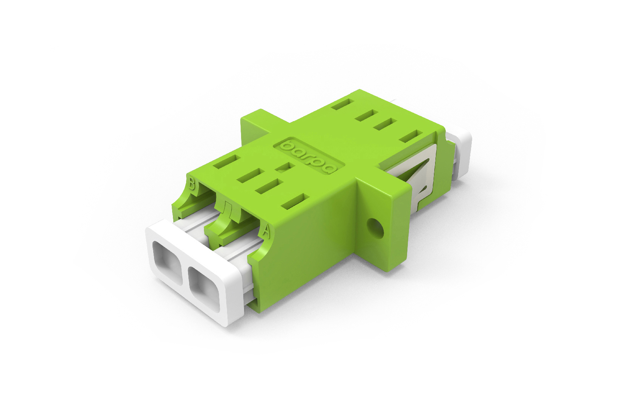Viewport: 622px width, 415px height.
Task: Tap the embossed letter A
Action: [266, 231]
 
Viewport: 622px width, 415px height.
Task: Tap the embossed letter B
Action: [192, 184]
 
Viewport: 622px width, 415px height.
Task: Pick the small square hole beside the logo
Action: [285, 167]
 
